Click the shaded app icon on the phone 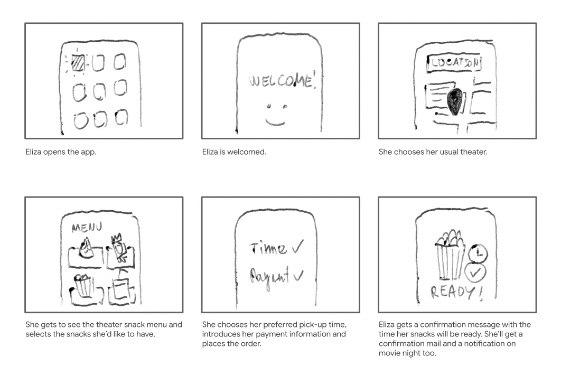point(78,63)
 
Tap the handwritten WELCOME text point(280,82)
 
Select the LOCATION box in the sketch point(454,63)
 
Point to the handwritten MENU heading point(87,228)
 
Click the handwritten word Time point(268,248)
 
